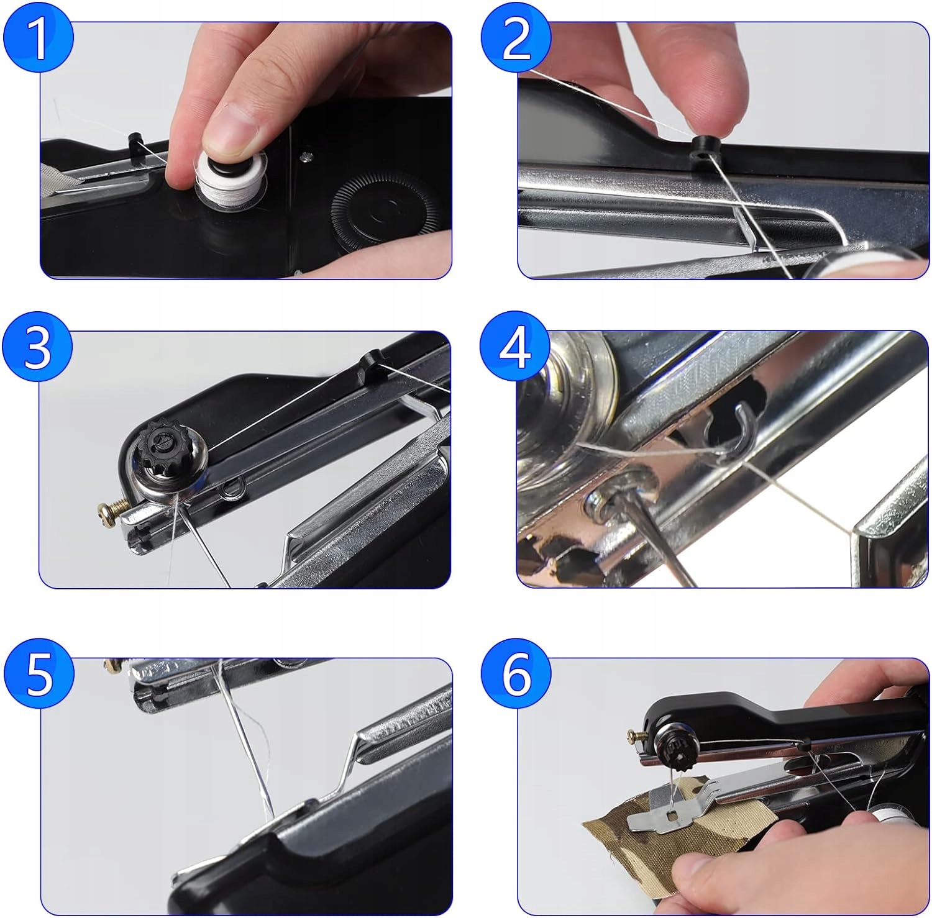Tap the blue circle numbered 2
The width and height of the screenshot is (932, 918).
[516, 38]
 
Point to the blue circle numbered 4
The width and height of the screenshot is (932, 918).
[515, 347]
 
